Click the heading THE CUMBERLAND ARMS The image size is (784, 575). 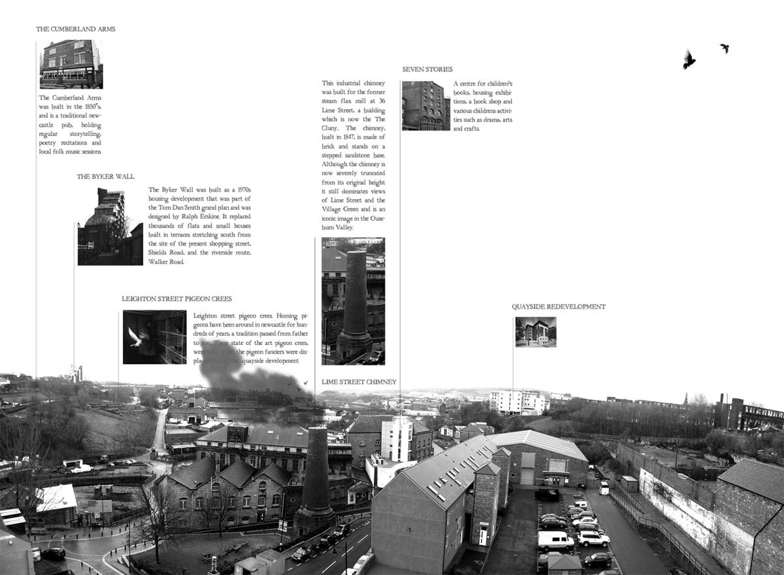coord(76,29)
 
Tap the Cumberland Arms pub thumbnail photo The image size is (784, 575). coord(71,64)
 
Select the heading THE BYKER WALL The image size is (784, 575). coord(105,177)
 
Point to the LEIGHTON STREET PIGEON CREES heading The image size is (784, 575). coord(176,299)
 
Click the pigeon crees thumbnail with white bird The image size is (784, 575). coord(154,337)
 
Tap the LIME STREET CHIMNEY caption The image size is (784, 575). coord(359,382)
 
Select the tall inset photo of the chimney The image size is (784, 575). coord(353,301)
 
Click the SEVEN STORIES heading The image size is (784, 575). coord(427,69)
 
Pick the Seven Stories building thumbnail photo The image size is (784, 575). coord(425,106)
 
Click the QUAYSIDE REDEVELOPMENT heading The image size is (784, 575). coord(559,307)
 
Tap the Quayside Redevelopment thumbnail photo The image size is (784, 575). coord(536,332)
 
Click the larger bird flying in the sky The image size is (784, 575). coord(688,59)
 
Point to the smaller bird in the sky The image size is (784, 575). coord(725,48)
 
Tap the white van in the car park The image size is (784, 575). coord(555,541)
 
